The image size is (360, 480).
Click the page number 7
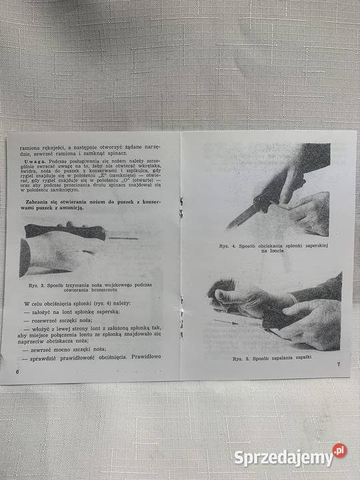pyautogui.click(x=339, y=364)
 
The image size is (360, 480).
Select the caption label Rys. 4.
pyautogui.click(x=227, y=246)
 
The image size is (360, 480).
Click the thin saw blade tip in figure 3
pyautogui.click(x=133, y=237)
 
